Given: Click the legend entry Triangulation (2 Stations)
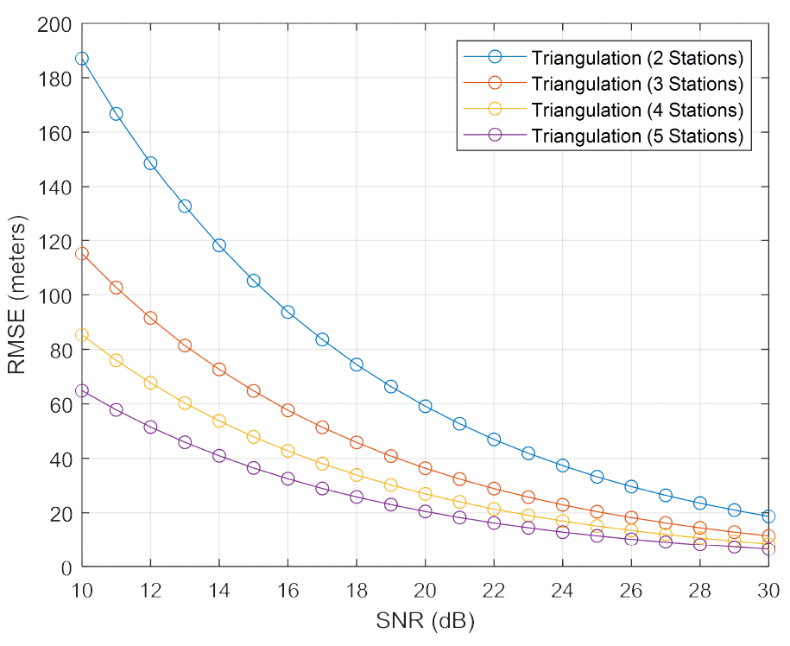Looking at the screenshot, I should tap(637, 59).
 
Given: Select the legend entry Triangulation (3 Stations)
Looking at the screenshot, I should tap(637, 85).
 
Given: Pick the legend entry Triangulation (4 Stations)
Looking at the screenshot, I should tap(637, 111).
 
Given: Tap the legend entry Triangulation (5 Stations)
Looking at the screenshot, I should tap(637, 136).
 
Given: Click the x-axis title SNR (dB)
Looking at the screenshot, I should tap(425, 621).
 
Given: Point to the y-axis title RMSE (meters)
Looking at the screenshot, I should tap(19, 295).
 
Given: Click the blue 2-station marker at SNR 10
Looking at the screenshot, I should tap(82, 59).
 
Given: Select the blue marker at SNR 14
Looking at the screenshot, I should tap(219, 245).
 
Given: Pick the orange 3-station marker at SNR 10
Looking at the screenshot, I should tap(82, 254).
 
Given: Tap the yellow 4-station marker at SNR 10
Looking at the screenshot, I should tap(82, 335).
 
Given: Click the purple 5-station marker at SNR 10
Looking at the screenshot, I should tap(82, 390).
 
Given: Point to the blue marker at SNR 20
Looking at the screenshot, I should tap(425, 406).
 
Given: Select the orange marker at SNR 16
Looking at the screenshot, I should tap(288, 410).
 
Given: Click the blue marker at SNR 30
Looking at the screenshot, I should tap(768, 516).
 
